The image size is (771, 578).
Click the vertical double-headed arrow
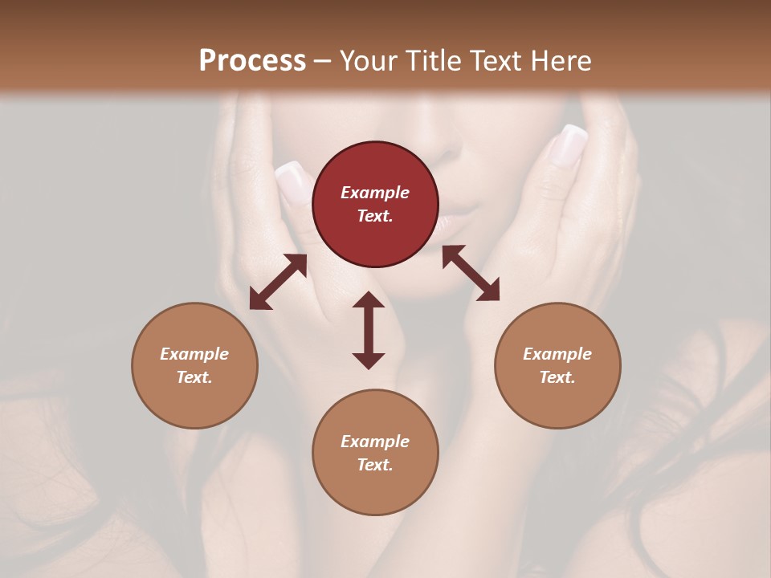(369, 330)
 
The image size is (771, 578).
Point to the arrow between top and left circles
(278, 282)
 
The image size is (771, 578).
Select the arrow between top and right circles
(471, 273)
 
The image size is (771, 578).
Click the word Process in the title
(252, 60)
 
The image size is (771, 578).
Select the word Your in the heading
(369, 60)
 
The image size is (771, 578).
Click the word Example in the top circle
(375, 193)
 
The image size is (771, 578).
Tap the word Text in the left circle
(194, 377)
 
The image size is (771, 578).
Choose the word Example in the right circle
(557, 354)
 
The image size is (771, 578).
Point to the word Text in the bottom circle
(375, 465)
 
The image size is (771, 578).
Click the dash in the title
(323, 61)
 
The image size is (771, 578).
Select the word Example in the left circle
(194, 354)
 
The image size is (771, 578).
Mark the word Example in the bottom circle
(375, 442)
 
